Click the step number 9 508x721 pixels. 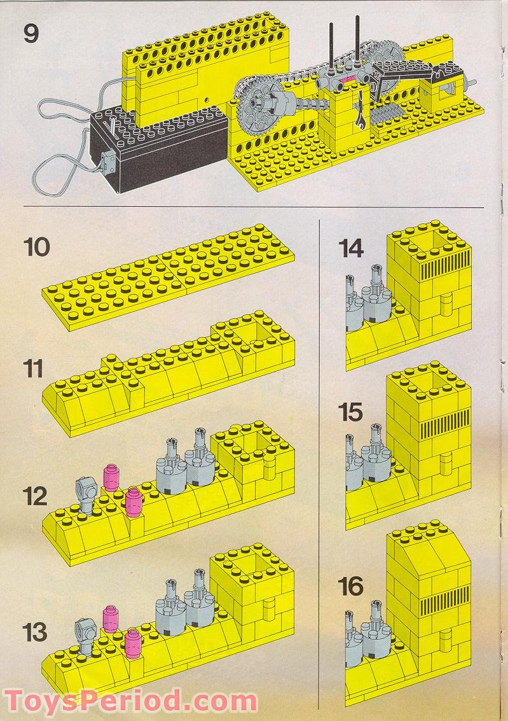click(31, 33)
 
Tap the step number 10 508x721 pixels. click(37, 246)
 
